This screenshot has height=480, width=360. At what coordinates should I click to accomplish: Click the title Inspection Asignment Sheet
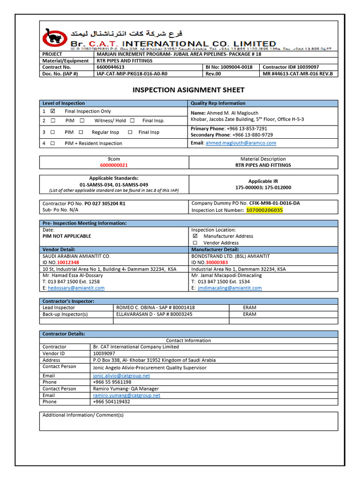188,90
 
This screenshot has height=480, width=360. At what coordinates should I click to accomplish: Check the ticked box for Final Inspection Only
52,111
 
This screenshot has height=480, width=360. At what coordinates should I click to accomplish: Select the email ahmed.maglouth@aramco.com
240,143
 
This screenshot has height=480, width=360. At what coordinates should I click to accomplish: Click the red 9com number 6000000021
114,165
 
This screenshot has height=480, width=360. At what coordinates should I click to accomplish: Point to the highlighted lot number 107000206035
264,210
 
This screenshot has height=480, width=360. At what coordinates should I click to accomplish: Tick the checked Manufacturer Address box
195,236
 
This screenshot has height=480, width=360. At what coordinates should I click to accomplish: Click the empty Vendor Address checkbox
195,243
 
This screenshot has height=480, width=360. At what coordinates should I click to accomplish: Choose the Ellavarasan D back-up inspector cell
154,314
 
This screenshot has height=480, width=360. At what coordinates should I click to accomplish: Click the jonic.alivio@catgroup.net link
121,375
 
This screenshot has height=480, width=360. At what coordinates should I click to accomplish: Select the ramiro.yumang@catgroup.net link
127,395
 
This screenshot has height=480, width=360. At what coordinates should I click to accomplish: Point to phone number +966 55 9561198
112,382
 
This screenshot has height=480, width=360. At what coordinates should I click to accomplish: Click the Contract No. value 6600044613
111,67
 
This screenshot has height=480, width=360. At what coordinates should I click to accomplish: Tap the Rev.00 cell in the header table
214,74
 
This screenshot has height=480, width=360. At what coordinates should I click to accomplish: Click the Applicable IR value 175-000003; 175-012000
263,187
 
